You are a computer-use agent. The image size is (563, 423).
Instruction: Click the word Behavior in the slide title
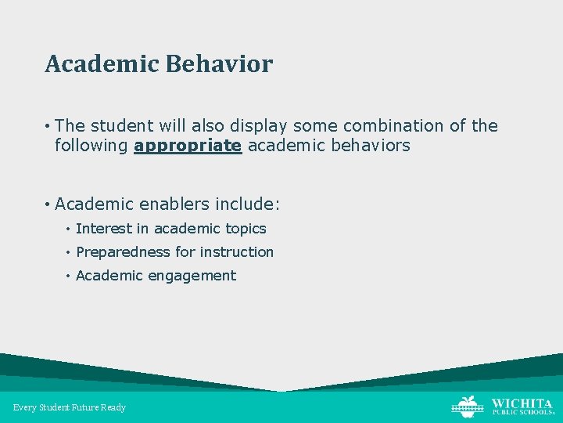point(219,64)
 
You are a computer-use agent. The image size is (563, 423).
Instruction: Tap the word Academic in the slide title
point(102,64)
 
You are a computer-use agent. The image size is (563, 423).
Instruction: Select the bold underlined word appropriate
point(188,145)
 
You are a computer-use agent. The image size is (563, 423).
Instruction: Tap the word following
point(91,145)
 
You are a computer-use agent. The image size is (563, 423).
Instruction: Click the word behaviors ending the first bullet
point(372,145)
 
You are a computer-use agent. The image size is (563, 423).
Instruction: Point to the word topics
point(246,229)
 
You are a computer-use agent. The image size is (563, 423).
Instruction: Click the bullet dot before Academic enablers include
point(48,204)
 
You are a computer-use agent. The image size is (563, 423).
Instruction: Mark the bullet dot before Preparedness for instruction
point(69,252)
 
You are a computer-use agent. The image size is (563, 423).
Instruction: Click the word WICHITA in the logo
point(522,402)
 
